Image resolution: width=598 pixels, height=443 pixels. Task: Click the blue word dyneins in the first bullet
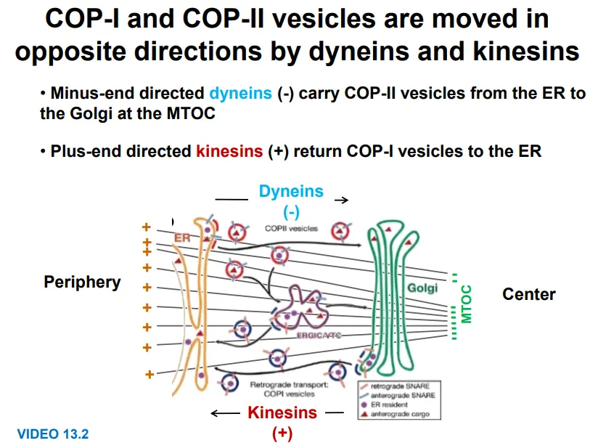[x=241, y=94]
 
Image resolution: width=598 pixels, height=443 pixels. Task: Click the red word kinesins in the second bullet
[x=229, y=151]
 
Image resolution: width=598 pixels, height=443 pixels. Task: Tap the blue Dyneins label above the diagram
[x=291, y=192]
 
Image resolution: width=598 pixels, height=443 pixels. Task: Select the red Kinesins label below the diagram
[x=282, y=412]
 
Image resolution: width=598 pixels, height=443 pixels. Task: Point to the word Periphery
[x=82, y=282]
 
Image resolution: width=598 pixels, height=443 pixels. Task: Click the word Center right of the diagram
[x=528, y=294]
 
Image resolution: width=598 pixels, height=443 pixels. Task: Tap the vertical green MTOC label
[x=467, y=304]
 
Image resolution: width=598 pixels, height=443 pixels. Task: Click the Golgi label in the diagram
[x=422, y=288]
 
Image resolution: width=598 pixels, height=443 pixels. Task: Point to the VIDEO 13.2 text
[x=53, y=434]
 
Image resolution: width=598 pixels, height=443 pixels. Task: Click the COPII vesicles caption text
[x=291, y=228]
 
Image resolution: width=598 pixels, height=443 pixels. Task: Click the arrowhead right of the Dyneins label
[x=345, y=199]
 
